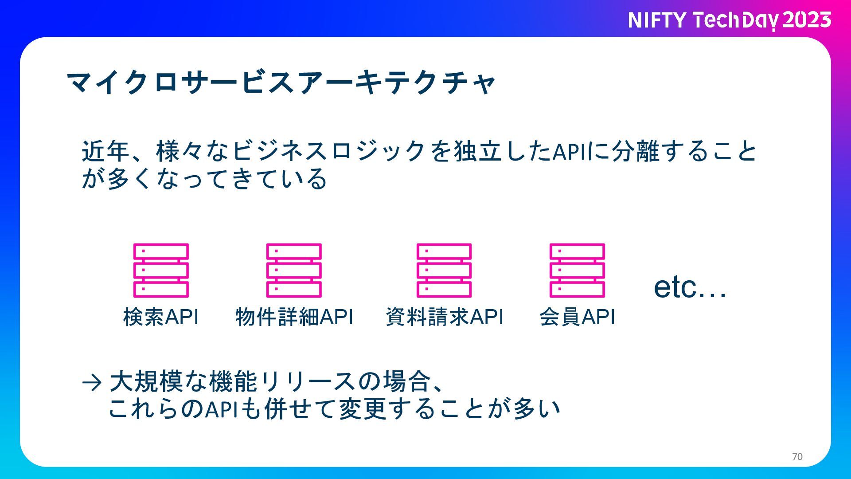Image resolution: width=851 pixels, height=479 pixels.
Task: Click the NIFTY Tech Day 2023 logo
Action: click(730, 20)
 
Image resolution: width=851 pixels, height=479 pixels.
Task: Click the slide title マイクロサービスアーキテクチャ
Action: click(281, 82)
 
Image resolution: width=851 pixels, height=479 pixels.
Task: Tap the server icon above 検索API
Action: click(161, 270)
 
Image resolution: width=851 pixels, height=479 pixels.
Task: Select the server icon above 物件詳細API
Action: click(294, 270)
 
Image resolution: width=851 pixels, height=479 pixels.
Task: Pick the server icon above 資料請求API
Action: click(444, 270)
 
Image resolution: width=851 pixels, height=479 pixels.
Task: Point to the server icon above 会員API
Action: click(577, 270)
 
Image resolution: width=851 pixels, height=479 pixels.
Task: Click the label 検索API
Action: click(161, 317)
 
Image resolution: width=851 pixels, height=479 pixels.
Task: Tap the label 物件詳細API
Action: click(294, 317)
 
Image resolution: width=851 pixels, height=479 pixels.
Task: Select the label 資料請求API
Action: click(445, 317)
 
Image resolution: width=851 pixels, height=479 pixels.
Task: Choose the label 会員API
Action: click(578, 317)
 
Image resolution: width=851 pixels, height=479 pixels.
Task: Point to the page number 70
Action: click(797, 457)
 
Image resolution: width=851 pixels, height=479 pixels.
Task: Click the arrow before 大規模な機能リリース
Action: click(92, 382)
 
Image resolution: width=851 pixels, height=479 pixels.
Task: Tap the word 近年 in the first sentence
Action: click(105, 151)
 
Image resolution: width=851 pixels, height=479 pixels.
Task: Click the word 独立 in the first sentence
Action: click(478, 151)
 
